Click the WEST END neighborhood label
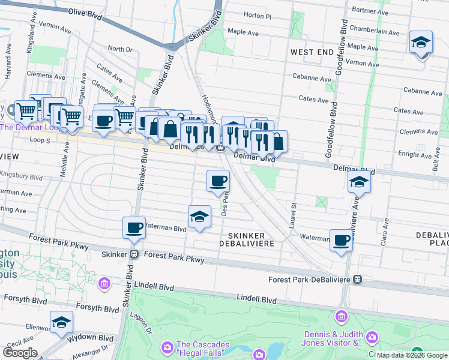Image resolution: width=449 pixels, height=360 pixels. point(312,53)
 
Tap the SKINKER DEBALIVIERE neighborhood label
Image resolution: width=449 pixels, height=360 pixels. point(251,239)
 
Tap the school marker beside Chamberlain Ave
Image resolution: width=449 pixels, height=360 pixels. point(421,44)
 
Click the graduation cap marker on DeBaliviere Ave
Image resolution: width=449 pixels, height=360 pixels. point(358,181)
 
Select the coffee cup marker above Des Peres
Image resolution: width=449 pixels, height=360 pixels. point(218,181)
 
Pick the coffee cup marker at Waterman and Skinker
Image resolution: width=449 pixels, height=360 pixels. point(134,227)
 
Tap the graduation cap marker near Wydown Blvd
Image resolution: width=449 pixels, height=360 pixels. point(61,323)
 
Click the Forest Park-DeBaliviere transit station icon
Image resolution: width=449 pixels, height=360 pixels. point(358,280)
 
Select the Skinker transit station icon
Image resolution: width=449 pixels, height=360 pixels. point(135,254)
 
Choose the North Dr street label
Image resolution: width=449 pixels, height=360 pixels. point(120,49)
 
